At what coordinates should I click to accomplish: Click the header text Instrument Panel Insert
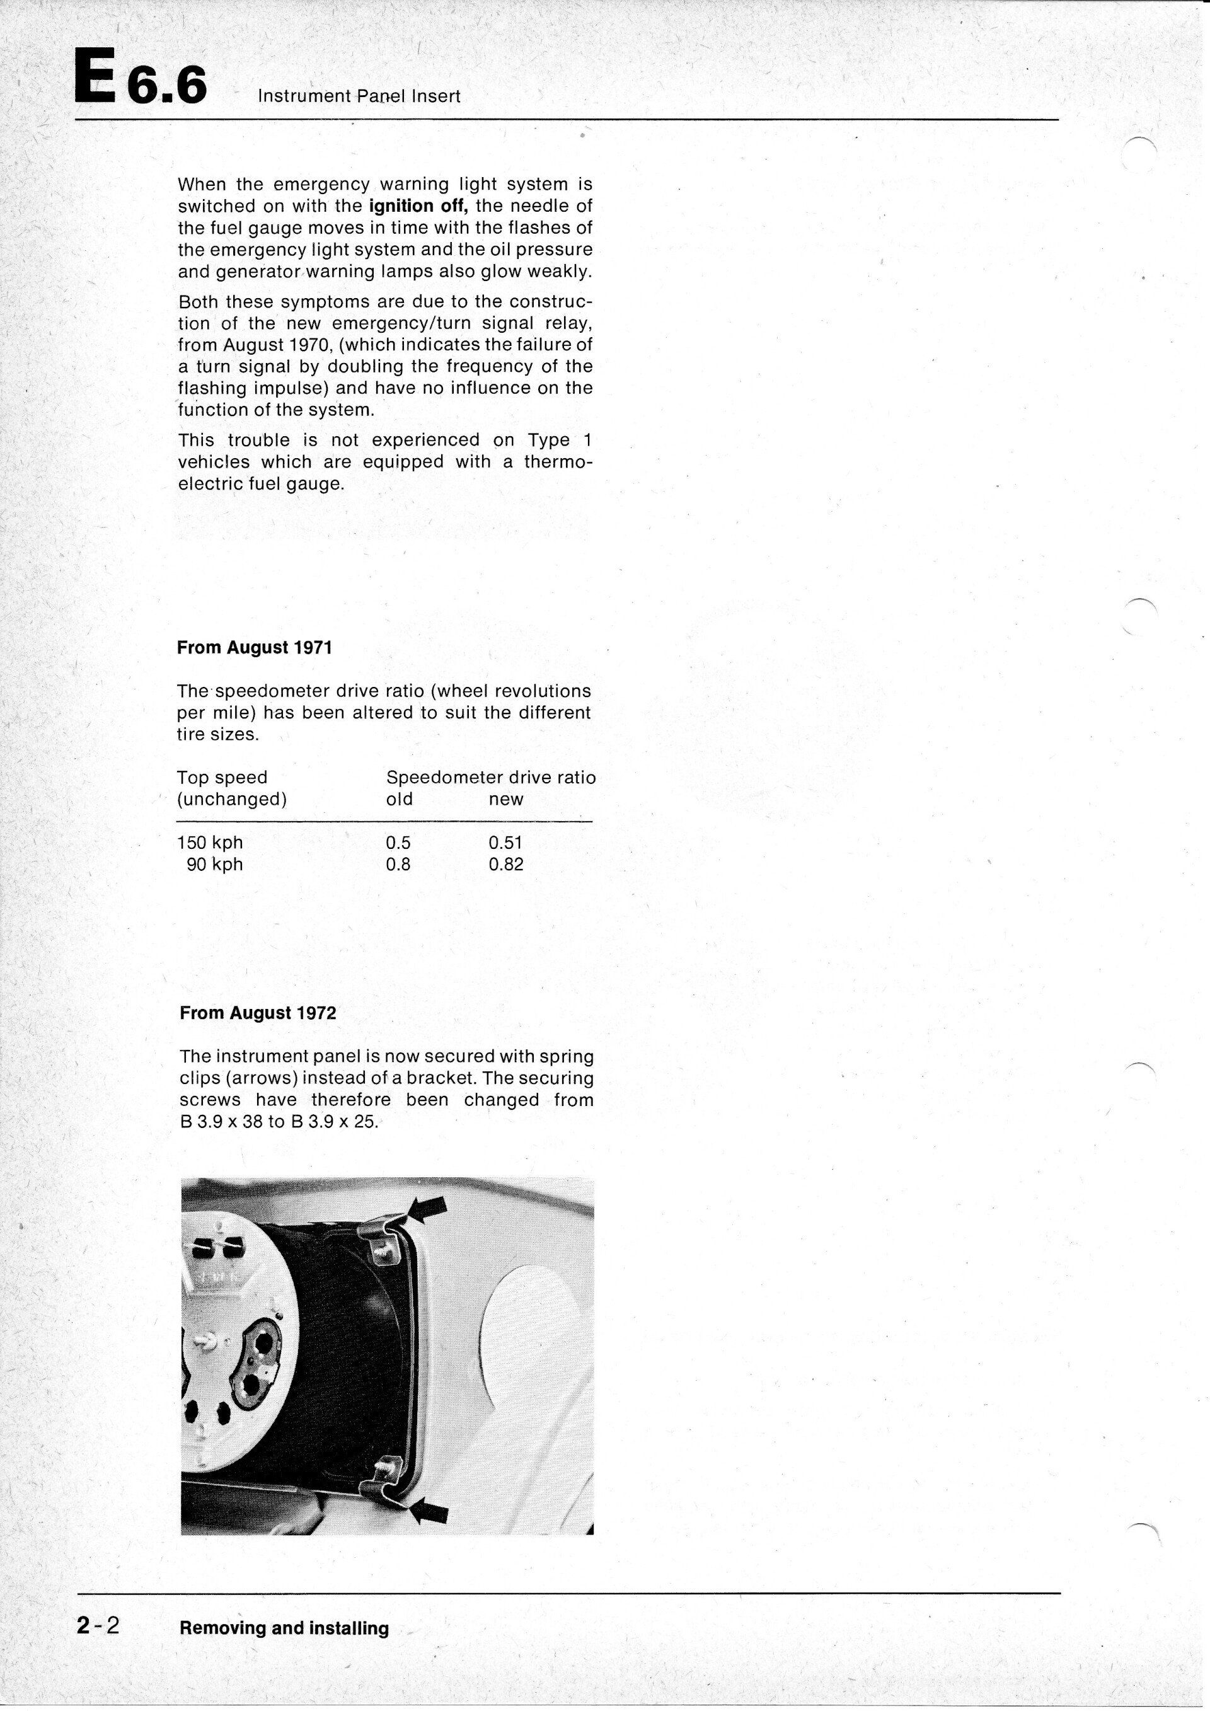point(359,96)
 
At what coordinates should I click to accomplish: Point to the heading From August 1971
point(254,648)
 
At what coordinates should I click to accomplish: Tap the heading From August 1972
point(258,1013)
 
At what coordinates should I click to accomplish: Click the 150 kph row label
point(210,843)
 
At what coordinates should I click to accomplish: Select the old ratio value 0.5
point(399,843)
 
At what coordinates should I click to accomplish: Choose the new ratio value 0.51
point(506,843)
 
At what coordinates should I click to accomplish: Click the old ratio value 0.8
point(399,865)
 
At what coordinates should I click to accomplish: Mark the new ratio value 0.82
point(506,865)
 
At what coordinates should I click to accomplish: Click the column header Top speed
point(222,777)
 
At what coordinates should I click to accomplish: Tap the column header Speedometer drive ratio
point(491,777)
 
